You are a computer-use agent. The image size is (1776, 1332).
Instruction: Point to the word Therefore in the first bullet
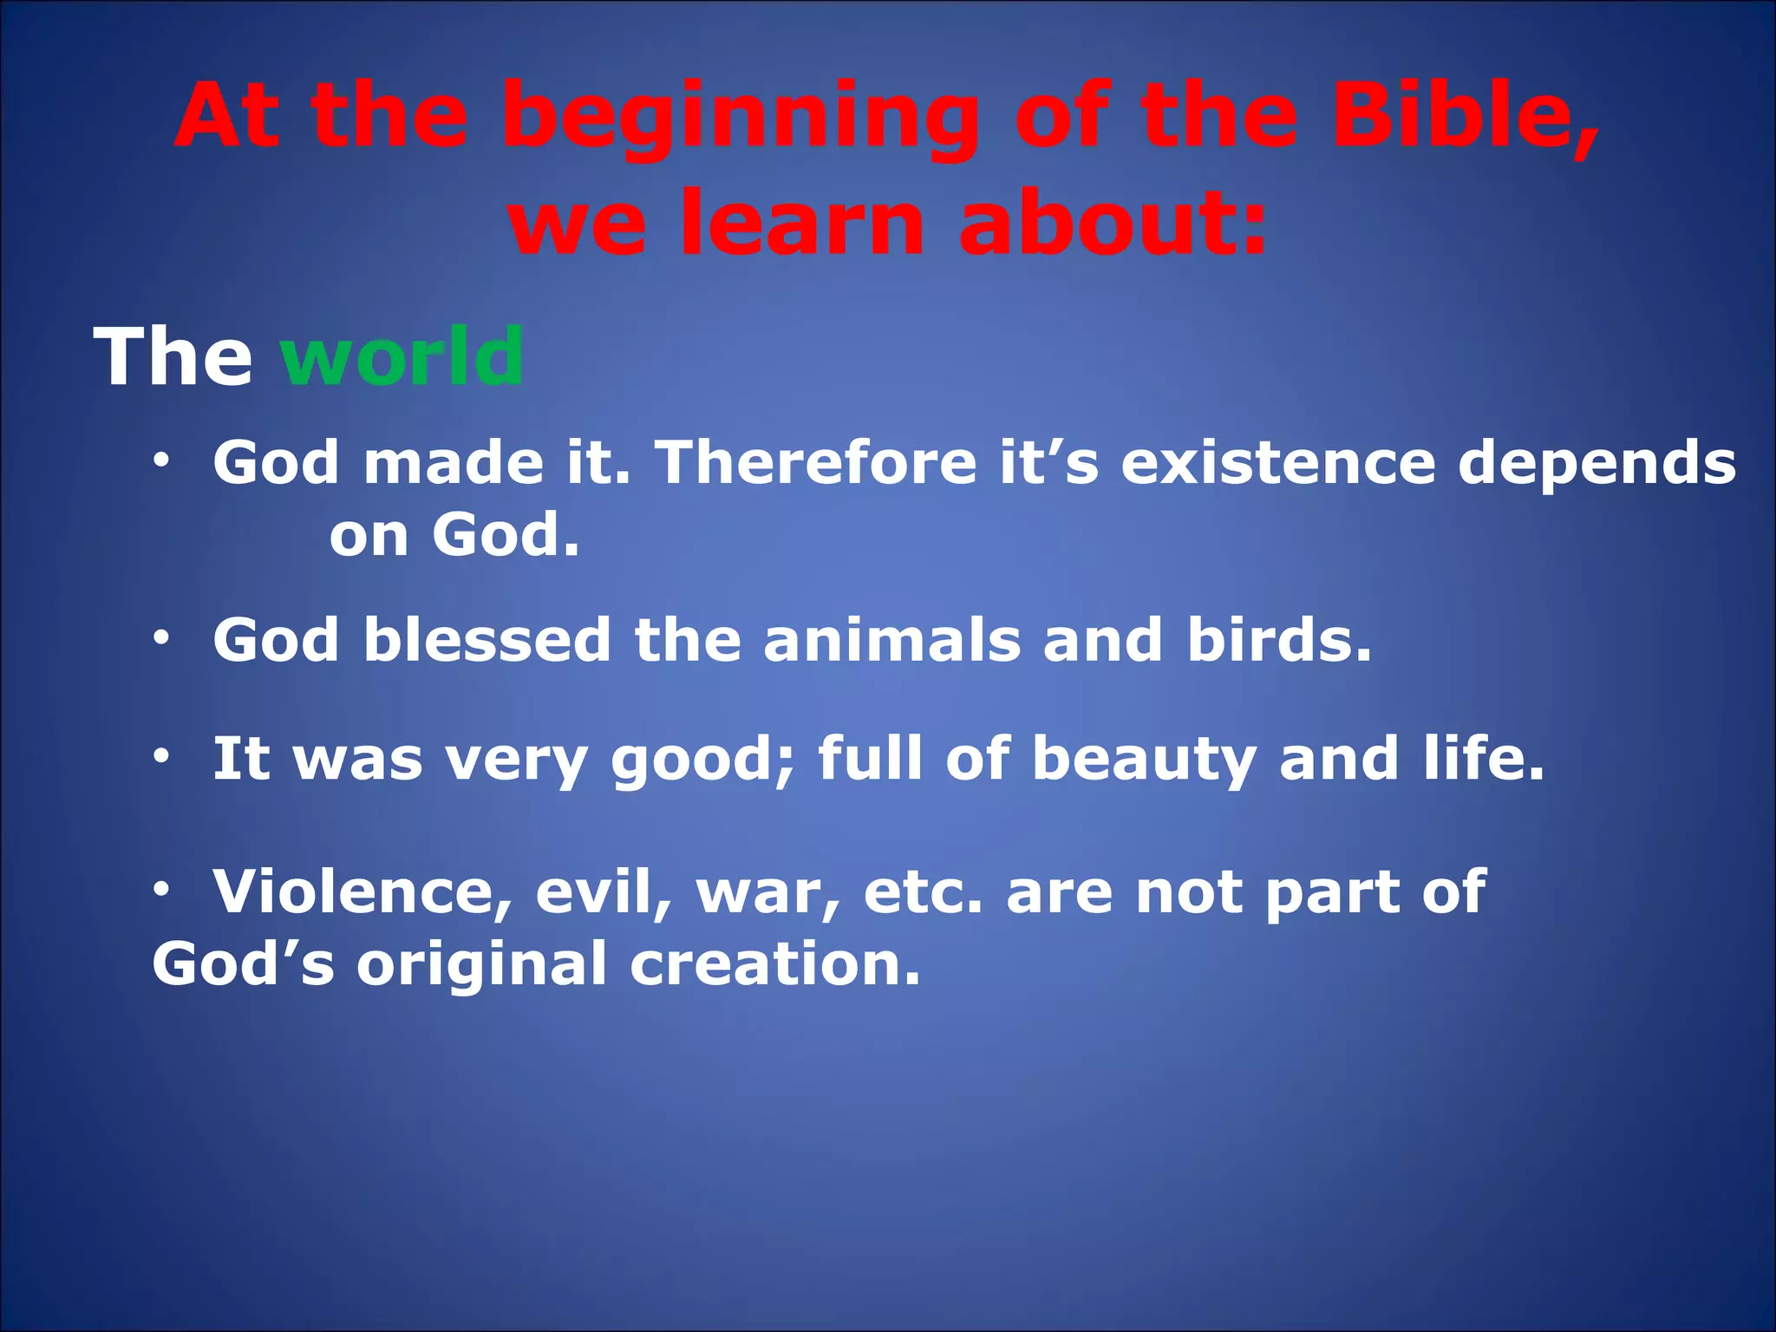[815, 462]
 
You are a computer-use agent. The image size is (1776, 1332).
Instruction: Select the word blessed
[487, 640]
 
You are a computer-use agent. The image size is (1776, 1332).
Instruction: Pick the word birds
[1278, 640]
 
